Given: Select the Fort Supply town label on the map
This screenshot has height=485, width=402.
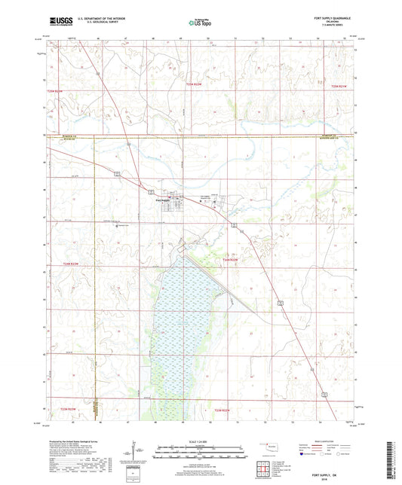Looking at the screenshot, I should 164,200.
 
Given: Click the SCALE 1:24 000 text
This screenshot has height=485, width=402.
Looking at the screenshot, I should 201,440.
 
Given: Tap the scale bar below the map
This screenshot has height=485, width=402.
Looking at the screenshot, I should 201,450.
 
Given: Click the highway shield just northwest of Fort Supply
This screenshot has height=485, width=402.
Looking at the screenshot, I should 150,191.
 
